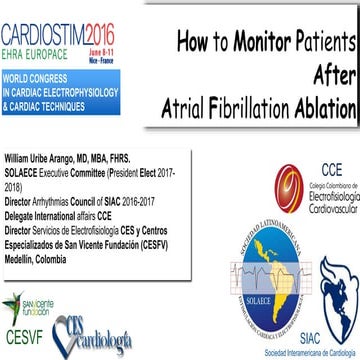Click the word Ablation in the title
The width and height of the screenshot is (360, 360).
pyautogui.click(x=321, y=107)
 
